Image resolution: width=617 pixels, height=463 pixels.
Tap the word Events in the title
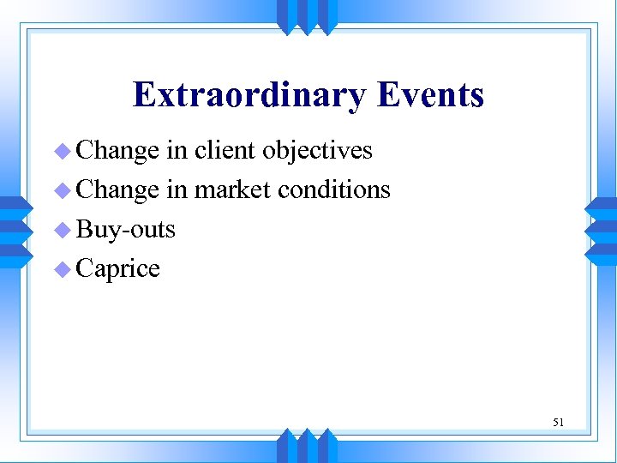[x=430, y=94]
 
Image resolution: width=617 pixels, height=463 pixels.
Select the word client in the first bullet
[x=225, y=150]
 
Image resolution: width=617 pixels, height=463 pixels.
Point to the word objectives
[x=317, y=151]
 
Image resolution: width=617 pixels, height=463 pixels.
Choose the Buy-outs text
[x=126, y=229]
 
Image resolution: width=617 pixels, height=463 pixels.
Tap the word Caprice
[x=118, y=269]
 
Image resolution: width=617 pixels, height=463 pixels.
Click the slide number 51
[x=558, y=422]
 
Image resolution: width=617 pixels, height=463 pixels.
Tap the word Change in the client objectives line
[x=117, y=150]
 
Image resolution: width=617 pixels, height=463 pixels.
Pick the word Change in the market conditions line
[x=117, y=189]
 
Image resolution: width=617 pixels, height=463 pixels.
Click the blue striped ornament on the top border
[x=307, y=15]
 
